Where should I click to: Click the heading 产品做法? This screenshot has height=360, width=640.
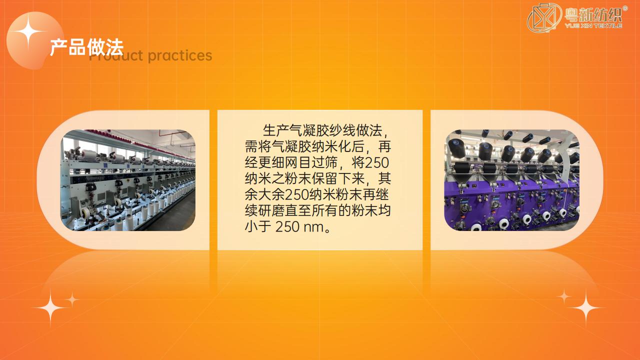[x=86, y=47]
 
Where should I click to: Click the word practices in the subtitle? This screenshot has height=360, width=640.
[x=180, y=55]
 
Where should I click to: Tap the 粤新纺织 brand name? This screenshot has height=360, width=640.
[x=593, y=15]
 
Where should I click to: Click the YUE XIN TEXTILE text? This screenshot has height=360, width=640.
[x=593, y=25]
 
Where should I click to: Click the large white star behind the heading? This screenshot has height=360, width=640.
[x=28, y=31]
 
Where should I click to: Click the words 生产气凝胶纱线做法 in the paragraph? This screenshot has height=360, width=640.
[x=322, y=130]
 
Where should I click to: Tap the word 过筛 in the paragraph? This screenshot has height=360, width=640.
[x=324, y=163]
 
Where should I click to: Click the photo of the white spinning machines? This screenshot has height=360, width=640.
[x=128, y=180]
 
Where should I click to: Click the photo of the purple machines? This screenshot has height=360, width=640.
[x=511, y=180]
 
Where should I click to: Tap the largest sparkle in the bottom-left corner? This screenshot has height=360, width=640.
[x=50, y=307]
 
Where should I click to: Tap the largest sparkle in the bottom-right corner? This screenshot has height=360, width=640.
[x=585, y=307]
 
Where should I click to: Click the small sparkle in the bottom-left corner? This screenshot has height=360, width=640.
[x=72, y=299]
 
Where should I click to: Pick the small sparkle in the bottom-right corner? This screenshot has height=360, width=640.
[x=564, y=296]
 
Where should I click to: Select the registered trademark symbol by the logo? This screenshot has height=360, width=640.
[x=625, y=8]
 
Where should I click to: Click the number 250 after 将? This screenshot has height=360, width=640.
[x=377, y=163]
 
